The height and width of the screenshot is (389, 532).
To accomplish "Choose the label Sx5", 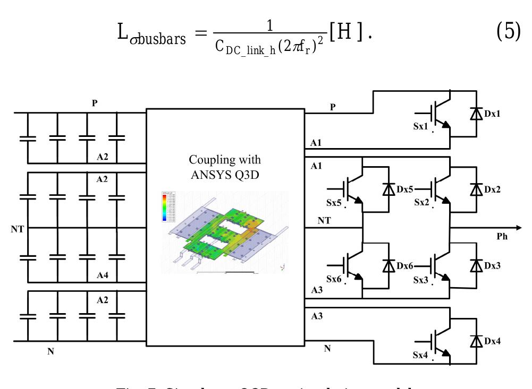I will [x=334, y=203].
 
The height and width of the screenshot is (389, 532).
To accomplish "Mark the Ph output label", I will [x=502, y=236].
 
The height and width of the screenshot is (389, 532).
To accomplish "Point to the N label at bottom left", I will [x=51, y=352].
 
